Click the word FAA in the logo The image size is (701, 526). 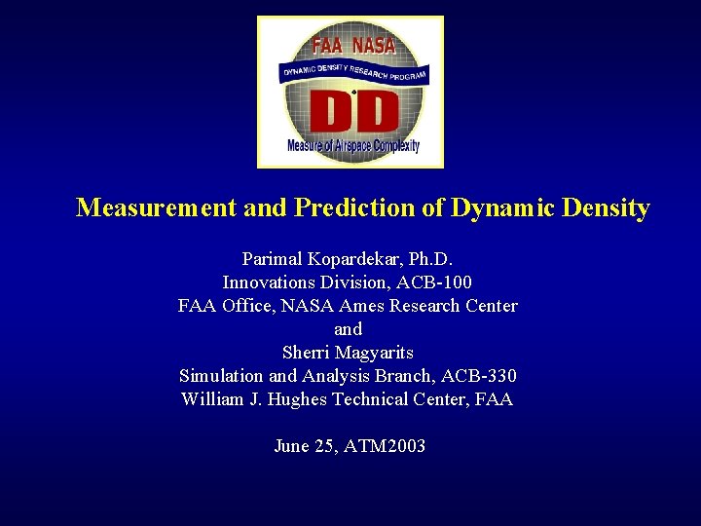(x=328, y=45)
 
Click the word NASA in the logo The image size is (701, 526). (x=374, y=45)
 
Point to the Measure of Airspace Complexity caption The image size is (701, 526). (x=352, y=146)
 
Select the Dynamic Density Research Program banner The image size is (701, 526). (x=352, y=70)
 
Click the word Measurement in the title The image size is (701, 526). (x=156, y=207)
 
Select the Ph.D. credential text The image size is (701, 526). (x=436, y=259)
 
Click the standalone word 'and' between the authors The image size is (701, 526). (x=348, y=329)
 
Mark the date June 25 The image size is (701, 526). (x=305, y=446)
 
